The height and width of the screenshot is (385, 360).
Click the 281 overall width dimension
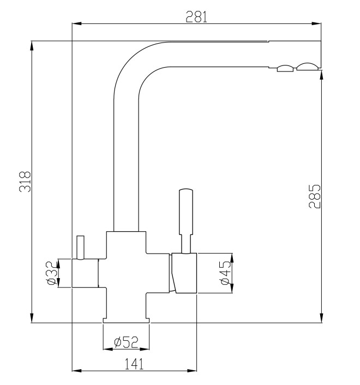coord(196,17)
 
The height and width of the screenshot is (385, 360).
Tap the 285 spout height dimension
coord(315,196)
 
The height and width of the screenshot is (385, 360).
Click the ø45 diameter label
coord(225,273)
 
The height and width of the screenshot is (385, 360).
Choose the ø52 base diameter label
coord(125,342)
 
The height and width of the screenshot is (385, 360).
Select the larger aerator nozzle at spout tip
coord(307,67)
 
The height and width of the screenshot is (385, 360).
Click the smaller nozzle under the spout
coord(286,68)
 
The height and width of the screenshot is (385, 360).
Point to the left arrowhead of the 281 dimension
coord(77,23)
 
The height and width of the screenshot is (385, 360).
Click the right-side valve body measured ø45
coord(183,273)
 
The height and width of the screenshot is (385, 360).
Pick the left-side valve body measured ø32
coord(85,273)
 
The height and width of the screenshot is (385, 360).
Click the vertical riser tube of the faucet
coord(126,164)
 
